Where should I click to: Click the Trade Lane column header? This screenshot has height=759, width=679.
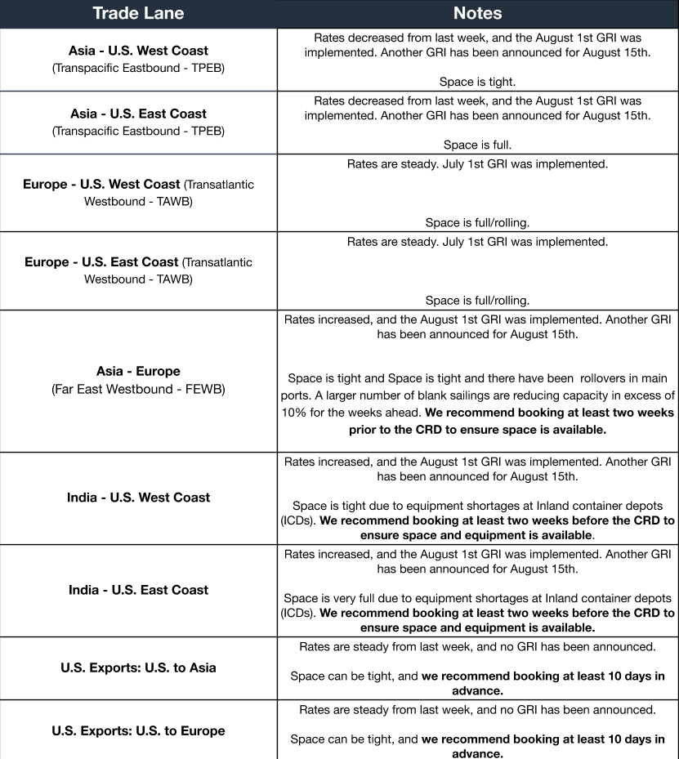[138, 13]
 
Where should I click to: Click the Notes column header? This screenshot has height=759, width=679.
[477, 13]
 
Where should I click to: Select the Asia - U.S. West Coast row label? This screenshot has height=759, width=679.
[138, 51]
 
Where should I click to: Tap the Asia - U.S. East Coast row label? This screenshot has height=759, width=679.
[138, 114]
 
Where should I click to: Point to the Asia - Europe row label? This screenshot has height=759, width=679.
[138, 371]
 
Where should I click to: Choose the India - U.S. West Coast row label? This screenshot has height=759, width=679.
[138, 497]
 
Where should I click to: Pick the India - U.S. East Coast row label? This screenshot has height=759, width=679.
[138, 589]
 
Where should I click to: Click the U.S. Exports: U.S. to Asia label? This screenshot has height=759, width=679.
[138, 667]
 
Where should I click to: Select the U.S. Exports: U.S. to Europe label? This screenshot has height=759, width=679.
[138, 730]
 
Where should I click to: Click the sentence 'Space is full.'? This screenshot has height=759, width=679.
[477, 145]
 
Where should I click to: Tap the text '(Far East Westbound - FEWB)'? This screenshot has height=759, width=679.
[138, 389]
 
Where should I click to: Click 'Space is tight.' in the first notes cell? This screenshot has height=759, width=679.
[477, 83]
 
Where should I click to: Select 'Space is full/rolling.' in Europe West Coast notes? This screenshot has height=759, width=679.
[477, 222]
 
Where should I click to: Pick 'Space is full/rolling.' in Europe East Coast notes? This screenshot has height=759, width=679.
[477, 300]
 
